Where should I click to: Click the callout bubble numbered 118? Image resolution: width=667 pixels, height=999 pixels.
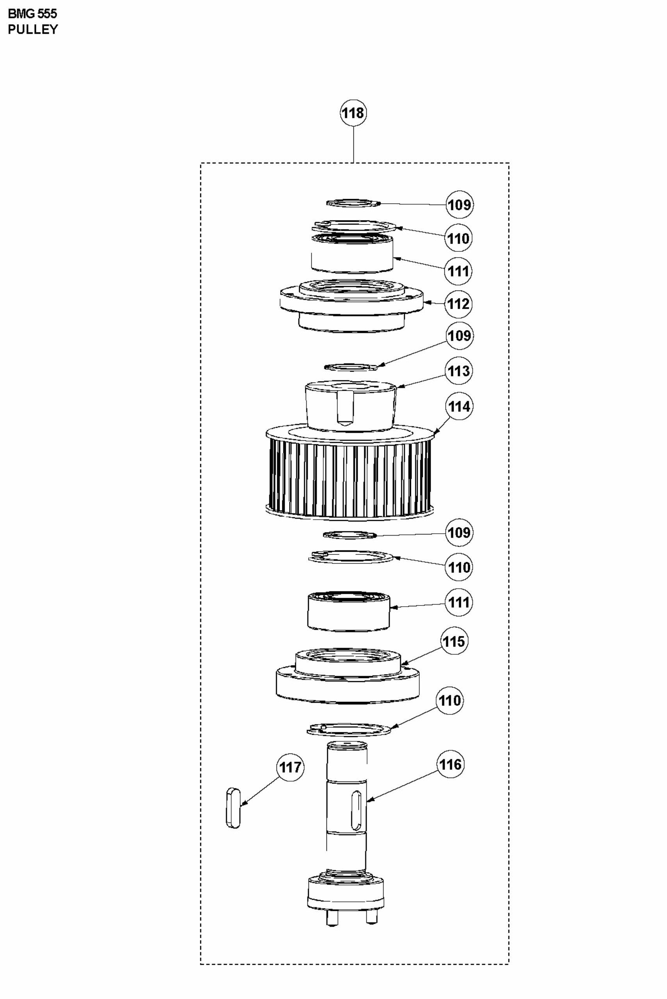click(353, 113)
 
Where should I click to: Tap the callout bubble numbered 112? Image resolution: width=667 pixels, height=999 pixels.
click(458, 304)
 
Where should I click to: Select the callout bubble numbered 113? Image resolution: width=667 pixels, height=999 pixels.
click(458, 371)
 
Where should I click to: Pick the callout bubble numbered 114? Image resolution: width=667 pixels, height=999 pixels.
click(458, 406)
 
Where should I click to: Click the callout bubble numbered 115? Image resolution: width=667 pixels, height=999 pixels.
click(454, 641)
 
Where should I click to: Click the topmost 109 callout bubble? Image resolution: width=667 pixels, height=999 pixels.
click(459, 205)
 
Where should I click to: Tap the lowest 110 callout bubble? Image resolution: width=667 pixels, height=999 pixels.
click(449, 700)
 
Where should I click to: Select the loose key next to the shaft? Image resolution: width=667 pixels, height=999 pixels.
click(234, 808)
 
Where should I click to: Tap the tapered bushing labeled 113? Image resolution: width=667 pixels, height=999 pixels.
click(351, 406)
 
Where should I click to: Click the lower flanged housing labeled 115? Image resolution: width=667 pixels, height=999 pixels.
click(347, 678)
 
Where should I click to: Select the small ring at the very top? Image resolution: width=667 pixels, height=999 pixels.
click(352, 203)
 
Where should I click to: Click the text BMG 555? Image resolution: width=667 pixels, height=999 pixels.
click(32, 14)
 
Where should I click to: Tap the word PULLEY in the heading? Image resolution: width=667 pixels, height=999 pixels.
click(33, 29)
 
